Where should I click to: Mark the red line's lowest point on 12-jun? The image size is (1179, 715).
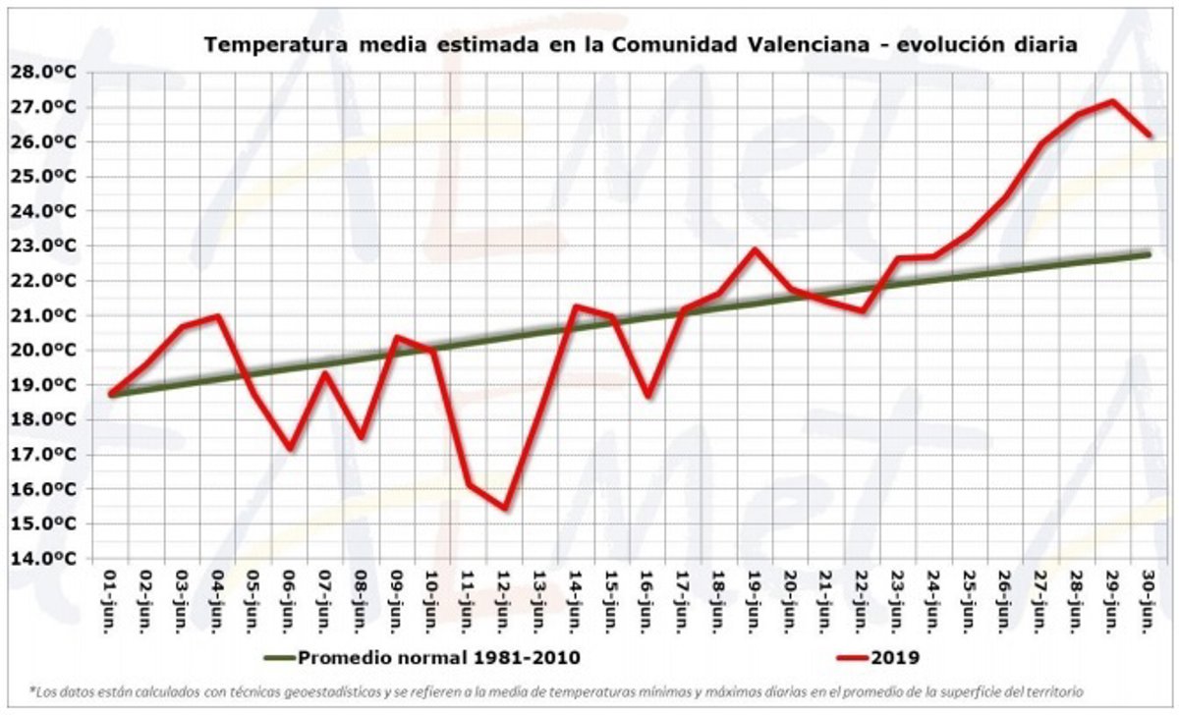click(503, 508)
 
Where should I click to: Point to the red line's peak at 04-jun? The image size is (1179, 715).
click(217, 315)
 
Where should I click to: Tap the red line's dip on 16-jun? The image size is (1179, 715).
click(646, 396)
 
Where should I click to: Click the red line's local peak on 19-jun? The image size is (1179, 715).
click(754, 249)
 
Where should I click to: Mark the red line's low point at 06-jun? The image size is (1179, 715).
click(289, 448)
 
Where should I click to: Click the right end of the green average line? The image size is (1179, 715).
click(1147, 254)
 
